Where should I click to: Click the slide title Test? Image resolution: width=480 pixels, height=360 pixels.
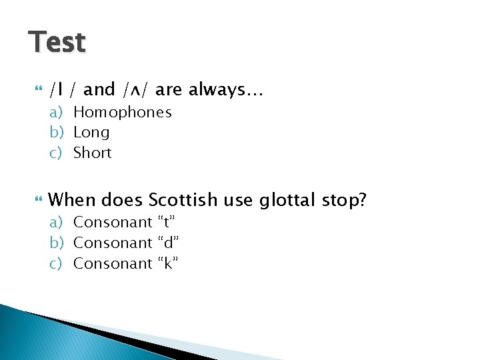tap(57, 42)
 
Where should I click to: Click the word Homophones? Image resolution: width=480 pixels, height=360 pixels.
tap(122, 112)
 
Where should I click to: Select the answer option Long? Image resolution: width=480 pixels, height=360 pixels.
tap(91, 133)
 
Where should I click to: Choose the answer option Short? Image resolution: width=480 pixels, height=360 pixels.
tap(92, 153)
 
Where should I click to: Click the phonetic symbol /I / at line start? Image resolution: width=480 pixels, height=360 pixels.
tap(63, 89)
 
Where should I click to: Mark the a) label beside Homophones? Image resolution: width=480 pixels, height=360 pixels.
tap(57, 112)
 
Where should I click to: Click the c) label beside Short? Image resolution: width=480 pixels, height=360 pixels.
tap(57, 153)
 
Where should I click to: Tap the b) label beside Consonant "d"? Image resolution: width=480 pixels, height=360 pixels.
tap(57, 243)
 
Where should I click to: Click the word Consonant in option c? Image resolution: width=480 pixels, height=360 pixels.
tap(113, 263)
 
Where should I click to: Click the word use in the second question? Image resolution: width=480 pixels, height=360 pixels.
tap(239, 199)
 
